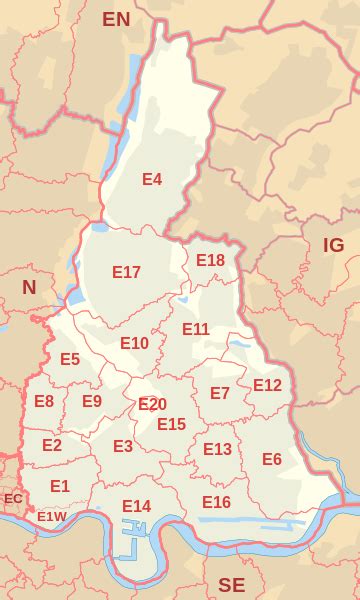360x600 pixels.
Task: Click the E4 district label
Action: pyautogui.click(x=152, y=180)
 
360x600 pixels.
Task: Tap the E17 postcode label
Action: pyautogui.click(x=126, y=272)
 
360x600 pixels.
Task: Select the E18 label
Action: pyautogui.click(x=210, y=260)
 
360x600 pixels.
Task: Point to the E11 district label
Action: pyautogui.click(x=196, y=329)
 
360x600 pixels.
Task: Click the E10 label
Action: pyautogui.click(x=134, y=343)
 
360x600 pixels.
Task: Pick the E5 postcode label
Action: pyautogui.click(x=70, y=359)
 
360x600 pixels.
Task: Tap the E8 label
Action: pyautogui.click(x=44, y=401)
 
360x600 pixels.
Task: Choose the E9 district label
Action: pyautogui.click(x=92, y=401)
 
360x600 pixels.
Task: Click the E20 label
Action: pyautogui.click(x=152, y=404)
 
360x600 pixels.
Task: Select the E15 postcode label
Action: pyautogui.click(x=171, y=424)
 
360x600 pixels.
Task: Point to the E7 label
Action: pyautogui.click(x=220, y=394)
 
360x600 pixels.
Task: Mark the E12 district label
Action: pyautogui.click(x=267, y=385)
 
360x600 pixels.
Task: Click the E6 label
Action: pyautogui.click(x=271, y=459)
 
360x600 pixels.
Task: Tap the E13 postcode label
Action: pyautogui.click(x=217, y=449)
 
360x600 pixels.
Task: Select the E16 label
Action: pyautogui.click(x=216, y=502)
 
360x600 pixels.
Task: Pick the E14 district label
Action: pyautogui.click(x=136, y=506)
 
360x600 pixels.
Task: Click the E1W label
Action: pyautogui.click(x=51, y=516)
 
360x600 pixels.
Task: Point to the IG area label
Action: pyautogui.click(x=333, y=245)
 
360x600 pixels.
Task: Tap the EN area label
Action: pyautogui.click(x=116, y=19)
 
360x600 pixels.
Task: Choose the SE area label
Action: pyautogui.click(x=231, y=584)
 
